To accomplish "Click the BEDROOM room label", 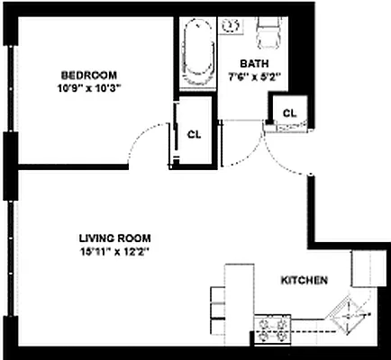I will [89, 75].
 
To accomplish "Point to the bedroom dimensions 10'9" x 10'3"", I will [89, 87].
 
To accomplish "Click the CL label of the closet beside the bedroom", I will [194, 133].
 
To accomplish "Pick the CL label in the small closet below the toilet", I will [289, 112].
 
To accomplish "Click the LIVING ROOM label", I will [113, 238].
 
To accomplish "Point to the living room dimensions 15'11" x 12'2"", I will [113, 252].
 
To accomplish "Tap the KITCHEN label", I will [304, 281].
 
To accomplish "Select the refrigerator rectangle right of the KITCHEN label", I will [368, 267].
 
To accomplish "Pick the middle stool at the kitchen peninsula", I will [216, 311].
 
